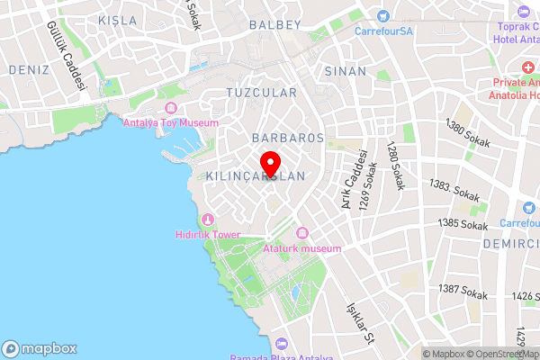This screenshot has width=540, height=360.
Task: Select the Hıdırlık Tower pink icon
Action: (x=208, y=220)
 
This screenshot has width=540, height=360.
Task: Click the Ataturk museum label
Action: (x=302, y=248)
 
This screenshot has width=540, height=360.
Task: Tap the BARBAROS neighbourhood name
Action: (x=287, y=138)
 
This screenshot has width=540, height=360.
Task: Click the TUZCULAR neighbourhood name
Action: (x=261, y=93)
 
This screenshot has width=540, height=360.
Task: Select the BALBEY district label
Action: (x=275, y=24)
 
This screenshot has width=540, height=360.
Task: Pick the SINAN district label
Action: (x=346, y=71)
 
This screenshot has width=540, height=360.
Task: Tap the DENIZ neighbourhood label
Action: (x=28, y=69)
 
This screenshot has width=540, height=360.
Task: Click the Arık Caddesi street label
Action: (x=352, y=179)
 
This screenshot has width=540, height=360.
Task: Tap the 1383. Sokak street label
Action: (x=454, y=191)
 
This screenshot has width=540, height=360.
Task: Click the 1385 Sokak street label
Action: (x=461, y=223)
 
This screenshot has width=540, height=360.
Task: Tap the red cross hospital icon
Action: (x=526, y=68)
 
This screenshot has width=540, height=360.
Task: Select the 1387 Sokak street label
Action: (x=462, y=291)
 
